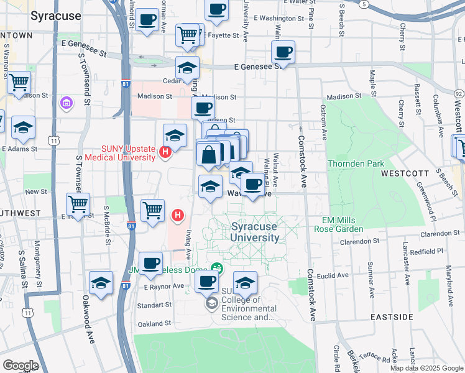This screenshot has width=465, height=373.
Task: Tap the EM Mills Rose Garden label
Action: (x=350, y=226)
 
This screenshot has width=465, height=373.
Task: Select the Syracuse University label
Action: (x=255, y=232)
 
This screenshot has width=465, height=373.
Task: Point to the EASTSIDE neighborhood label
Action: (x=392, y=317)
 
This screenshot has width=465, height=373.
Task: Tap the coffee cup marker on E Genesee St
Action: (x=283, y=52)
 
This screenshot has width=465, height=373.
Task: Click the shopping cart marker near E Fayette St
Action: (x=187, y=35)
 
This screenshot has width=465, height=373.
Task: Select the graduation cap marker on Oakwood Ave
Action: (x=101, y=282)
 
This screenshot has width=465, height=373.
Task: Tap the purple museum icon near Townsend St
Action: (x=67, y=101)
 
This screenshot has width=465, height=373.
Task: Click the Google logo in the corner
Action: (x=20, y=366)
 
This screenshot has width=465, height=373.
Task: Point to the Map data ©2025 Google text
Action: (x=426, y=368)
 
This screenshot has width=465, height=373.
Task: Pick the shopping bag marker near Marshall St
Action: (x=209, y=154)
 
